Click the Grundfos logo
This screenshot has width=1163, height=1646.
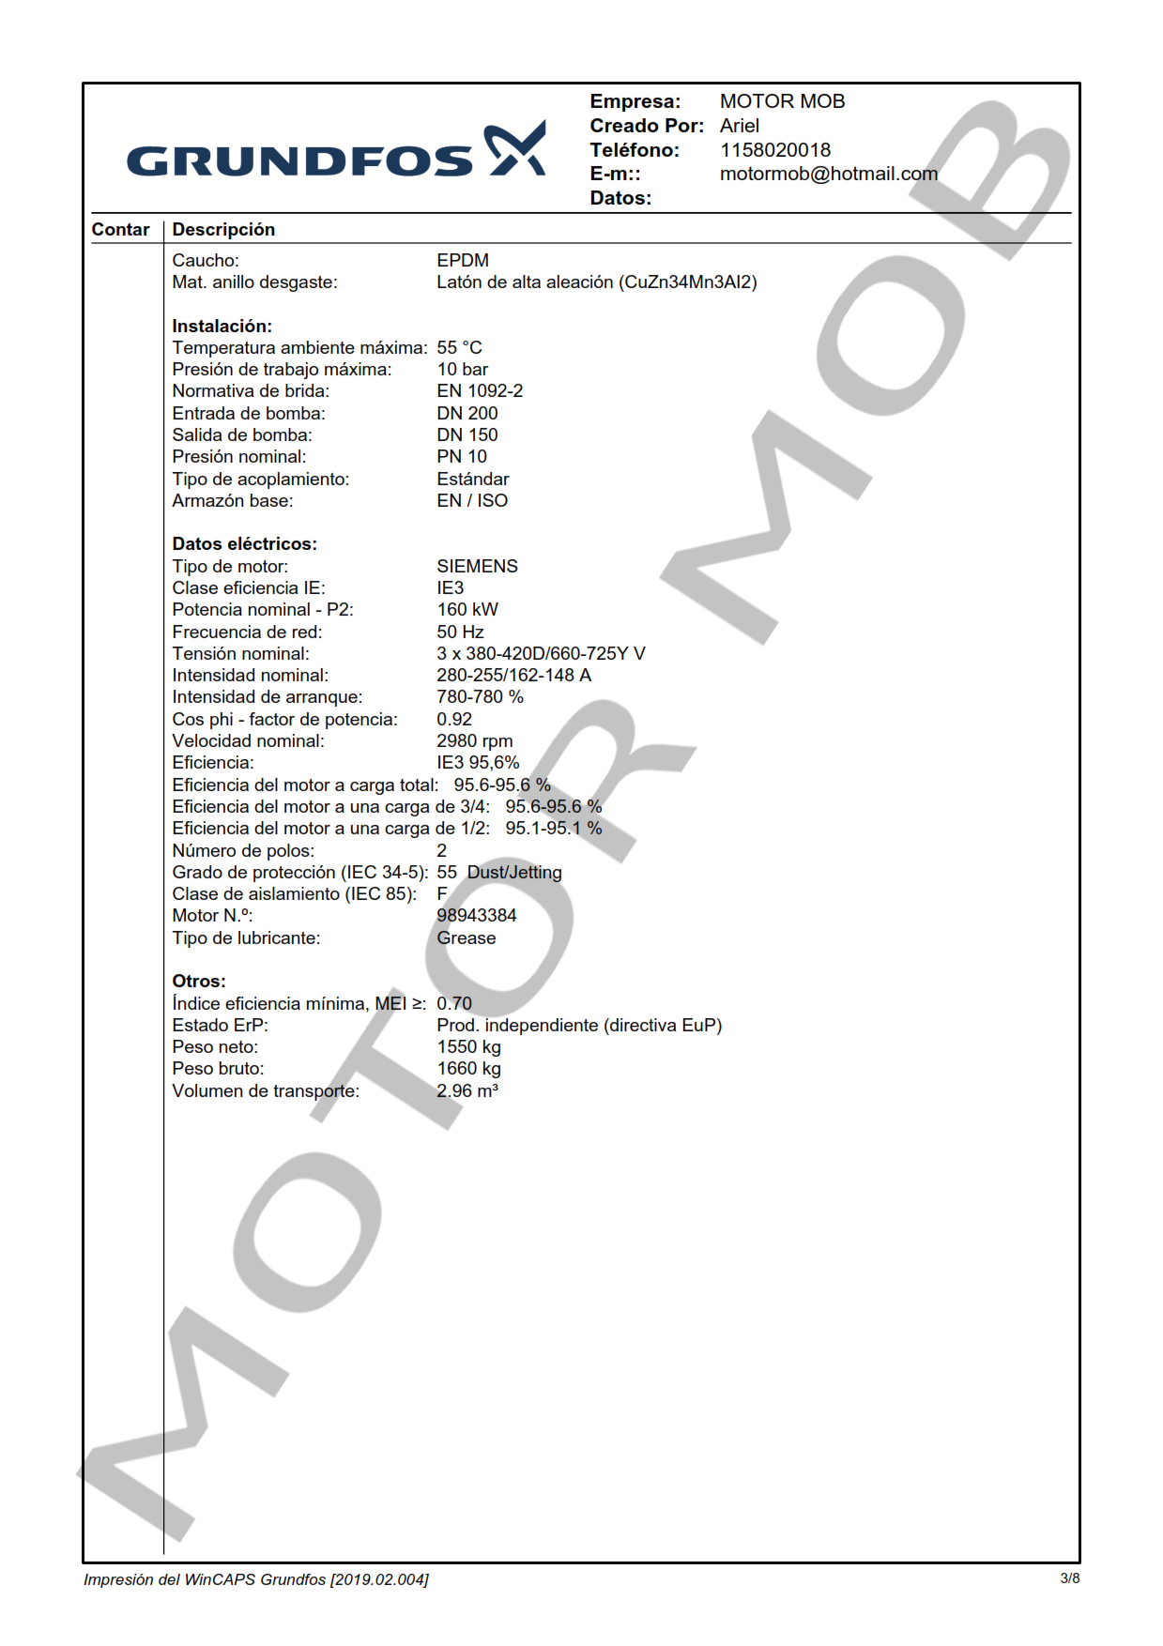click(x=335, y=151)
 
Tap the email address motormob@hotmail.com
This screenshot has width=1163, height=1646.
click(x=828, y=174)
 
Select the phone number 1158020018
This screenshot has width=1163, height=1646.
click(x=774, y=150)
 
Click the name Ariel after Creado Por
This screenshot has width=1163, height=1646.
click(x=739, y=126)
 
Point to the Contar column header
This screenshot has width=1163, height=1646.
click(x=120, y=230)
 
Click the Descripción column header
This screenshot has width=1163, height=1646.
click(x=223, y=230)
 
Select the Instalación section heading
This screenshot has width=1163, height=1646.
click(x=222, y=327)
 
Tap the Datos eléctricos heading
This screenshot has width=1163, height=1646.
click(x=244, y=544)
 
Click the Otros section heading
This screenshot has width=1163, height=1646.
click(x=198, y=982)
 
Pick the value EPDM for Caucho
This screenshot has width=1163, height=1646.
click(x=463, y=261)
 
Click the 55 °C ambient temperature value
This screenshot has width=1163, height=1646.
click(x=459, y=348)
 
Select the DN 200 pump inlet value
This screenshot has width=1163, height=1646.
click(x=467, y=414)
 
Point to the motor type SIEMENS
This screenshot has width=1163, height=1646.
click(x=477, y=567)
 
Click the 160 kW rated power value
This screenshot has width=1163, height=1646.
click(x=467, y=610)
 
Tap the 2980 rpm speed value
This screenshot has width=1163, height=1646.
click(x=474, y=741)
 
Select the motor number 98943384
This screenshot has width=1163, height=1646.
click(x=476, y=916)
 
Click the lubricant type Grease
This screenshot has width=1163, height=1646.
click(x=466, y=938)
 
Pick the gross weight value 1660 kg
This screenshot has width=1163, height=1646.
click(x=468, y=1069)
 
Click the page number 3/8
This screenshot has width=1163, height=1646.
click(x=1069, y=1578)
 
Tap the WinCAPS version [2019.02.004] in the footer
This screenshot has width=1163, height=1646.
click(x=379, y=1579)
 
